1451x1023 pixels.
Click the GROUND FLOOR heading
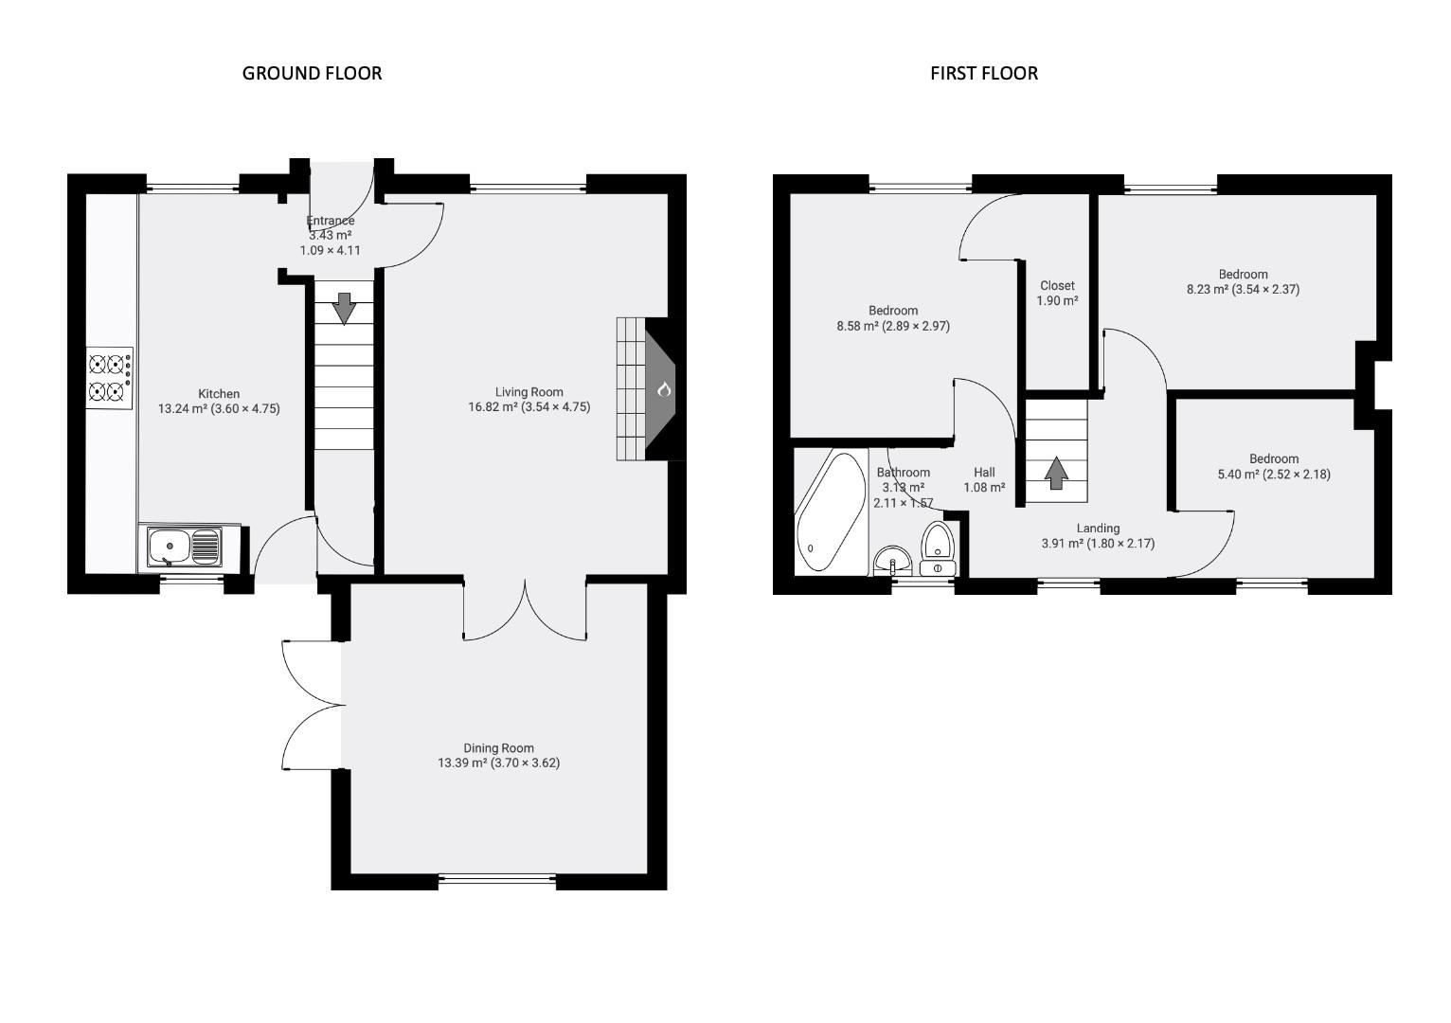pyautogui.click(x=312, y=73)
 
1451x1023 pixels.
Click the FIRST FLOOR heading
pyautogui.click(x=983, y=73)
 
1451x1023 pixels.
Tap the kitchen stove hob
pyautogui.click(x=109, y=378)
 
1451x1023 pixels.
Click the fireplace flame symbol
pyautogui.click(x=664, y=389)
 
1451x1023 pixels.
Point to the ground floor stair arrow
pyautogui.click(x=344, y=308)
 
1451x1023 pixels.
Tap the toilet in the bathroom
pyautogui.click(x=938, y=548)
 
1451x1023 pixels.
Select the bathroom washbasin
pyautogui.click(x=892, y=560)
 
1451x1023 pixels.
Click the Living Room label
pyautogui.click(x=528, y=392)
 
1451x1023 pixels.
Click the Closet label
pyautogui.click(x=1057, y=285)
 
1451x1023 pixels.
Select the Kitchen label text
pyautogui.click(x=219, y=394)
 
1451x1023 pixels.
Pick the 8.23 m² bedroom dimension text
pyautogui.click(x=1243, y=290)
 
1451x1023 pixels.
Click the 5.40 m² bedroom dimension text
pyautogui.click(x=1273, y=474)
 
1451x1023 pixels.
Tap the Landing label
pyautogui.click(x=1098, y=529)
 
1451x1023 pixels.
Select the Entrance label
pyautogui.click(x=331, y=221)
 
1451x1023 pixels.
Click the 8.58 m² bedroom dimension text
pyautogui.click(x=892, y=326)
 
